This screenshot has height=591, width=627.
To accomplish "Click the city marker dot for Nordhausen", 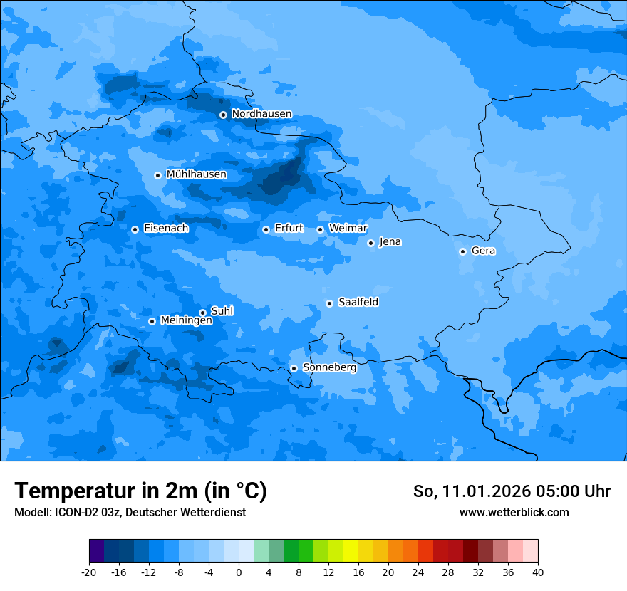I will (223, 115).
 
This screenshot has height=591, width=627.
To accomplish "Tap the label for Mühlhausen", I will (196, 174).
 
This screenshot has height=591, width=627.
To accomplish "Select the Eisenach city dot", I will (135, 229).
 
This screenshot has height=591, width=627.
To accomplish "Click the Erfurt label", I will (289, 229).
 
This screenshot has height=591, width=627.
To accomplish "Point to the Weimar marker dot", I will (320, 229).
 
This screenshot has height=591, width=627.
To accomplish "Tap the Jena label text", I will (390, 242).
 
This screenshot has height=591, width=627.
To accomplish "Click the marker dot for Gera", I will (462, 251).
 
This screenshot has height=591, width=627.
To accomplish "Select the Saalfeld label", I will (358, 303).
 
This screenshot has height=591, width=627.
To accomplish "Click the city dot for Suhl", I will (202, 313).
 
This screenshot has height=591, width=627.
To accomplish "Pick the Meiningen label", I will (186, 320).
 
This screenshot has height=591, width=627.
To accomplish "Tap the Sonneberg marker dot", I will (294, 368).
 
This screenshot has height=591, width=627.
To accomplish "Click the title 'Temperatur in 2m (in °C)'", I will (141, 491).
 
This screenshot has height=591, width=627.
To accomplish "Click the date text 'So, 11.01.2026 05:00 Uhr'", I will (512, 492).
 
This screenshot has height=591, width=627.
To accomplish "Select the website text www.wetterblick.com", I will (514, 513).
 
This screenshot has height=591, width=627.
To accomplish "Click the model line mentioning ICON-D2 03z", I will (130, 513).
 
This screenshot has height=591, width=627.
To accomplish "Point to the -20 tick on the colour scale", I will (89, 572).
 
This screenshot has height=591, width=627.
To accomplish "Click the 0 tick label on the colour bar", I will (239, 572).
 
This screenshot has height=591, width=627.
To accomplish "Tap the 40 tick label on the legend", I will (537, 572).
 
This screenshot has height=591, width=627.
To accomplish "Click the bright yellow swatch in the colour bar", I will (351, 551).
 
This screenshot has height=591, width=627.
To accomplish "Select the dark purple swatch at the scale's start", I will (96, 551).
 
